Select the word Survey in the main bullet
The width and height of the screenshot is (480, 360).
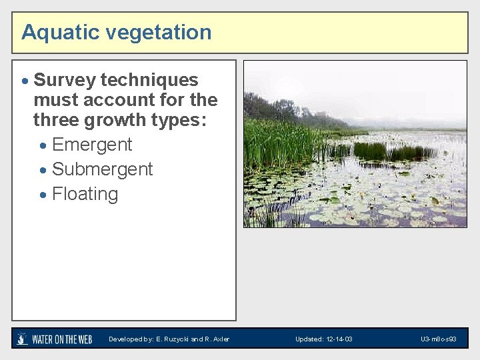point(65,80)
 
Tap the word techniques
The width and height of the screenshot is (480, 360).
point(150,80)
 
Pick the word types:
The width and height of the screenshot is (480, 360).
point(180,120)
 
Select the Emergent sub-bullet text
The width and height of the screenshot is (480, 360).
point(92,145)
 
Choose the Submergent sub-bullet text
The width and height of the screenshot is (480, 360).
point(102,169)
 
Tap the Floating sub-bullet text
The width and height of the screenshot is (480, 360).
point(85,194)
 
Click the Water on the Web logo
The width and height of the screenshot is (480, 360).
point(55,339)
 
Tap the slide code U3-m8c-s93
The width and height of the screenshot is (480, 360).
point(438,339)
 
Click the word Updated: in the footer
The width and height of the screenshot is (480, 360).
point(309,339)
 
